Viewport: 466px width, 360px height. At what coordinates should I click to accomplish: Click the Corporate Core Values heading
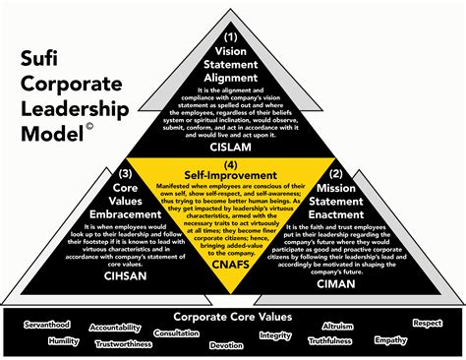coord(232,317)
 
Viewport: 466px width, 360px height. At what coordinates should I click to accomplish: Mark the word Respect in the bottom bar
coord(428,322)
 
